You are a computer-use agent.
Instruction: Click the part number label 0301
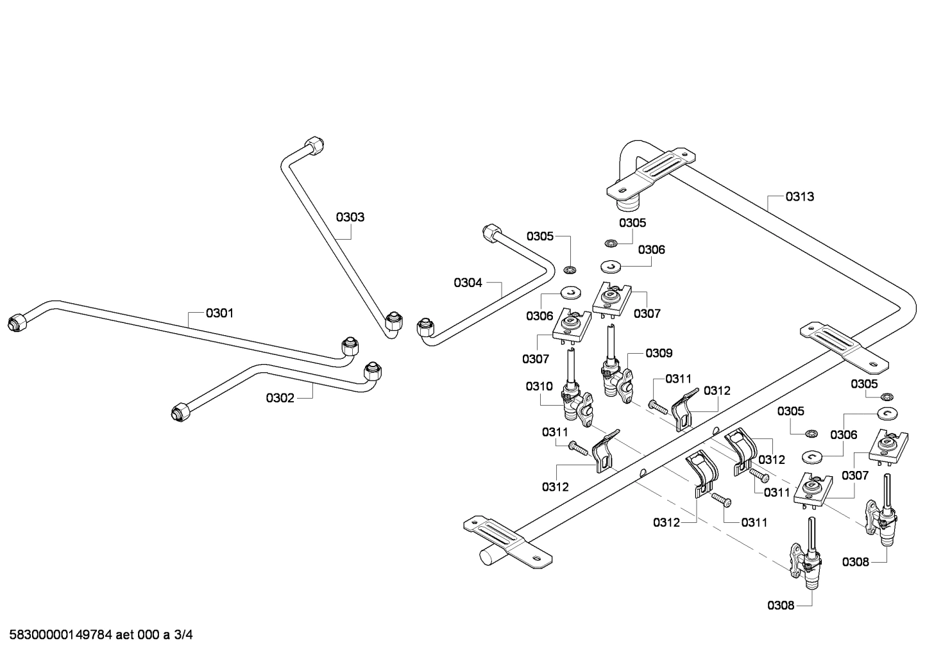click(219, 313)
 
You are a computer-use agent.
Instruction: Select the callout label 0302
click(280, 398)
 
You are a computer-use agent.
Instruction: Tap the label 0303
click(350, 217)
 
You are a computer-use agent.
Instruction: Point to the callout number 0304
click(468, 283)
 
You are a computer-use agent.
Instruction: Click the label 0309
click(659, 353)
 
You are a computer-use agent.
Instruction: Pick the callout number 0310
click(539, 386)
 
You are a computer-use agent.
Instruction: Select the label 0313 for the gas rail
click(800, 197)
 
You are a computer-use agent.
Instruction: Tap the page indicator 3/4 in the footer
click(183, 636)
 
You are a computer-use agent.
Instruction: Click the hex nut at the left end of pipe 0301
click(15, 322)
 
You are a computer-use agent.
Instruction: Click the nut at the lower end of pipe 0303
click(394, 322)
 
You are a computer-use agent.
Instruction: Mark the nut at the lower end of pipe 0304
click(425, 328)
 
